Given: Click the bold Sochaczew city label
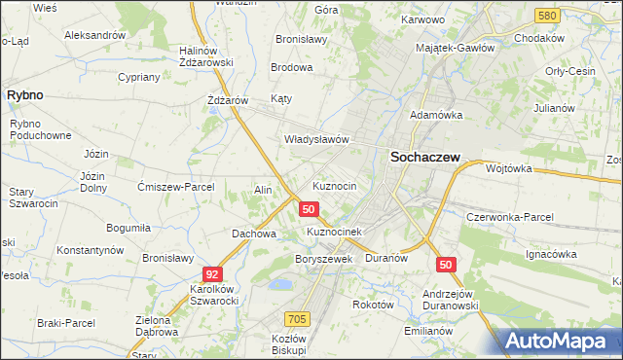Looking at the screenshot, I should tap(424, 156).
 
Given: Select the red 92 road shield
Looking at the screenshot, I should tap(212, 275).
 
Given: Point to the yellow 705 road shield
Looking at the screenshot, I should tap(298, 319).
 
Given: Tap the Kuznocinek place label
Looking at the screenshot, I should tap(334, 233).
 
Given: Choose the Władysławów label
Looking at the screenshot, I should tap(316, 139).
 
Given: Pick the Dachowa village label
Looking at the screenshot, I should tap(254, 234).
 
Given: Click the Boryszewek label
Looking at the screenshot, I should tap(322, 260).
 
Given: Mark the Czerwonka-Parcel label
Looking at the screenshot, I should tap(510, 217).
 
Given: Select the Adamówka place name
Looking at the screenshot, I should tap(435, 115).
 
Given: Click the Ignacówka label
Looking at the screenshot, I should tap(552, 254).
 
